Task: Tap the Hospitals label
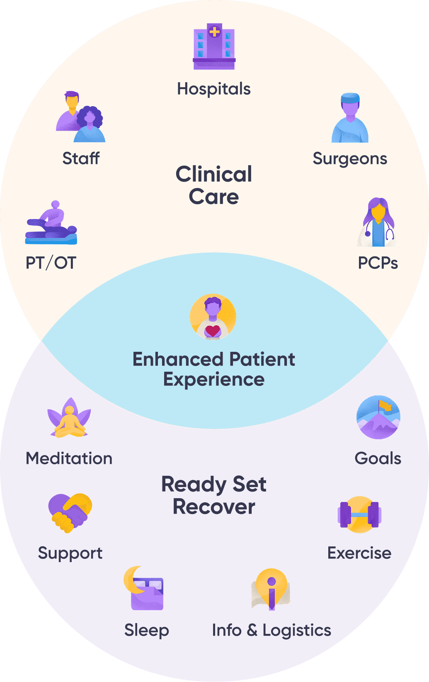(214, 89)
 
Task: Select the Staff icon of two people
(80, 117)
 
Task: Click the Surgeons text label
(350, 158)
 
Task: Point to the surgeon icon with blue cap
(350, 118)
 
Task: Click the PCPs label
(378, 263)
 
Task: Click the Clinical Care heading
(214, 185)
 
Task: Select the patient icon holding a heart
(213, 317)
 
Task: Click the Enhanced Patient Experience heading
(214, 369)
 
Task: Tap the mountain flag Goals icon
(378, 417)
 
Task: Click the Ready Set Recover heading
(214, 495)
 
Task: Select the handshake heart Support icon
(70, 513)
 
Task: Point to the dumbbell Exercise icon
(359, 514)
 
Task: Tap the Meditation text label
(69, 458)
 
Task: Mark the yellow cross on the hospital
(214, 31)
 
